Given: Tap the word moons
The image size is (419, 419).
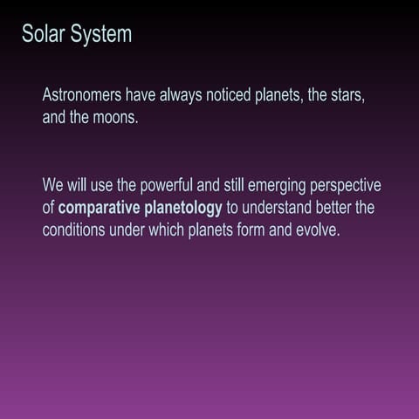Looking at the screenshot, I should click(115, 117).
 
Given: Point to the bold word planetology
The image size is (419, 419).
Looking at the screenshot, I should click(180, 209).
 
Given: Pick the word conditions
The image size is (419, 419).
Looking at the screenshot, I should click(76, 231).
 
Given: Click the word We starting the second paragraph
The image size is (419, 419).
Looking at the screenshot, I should click(52, 186).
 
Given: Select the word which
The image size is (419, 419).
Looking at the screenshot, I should click(164, 231).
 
